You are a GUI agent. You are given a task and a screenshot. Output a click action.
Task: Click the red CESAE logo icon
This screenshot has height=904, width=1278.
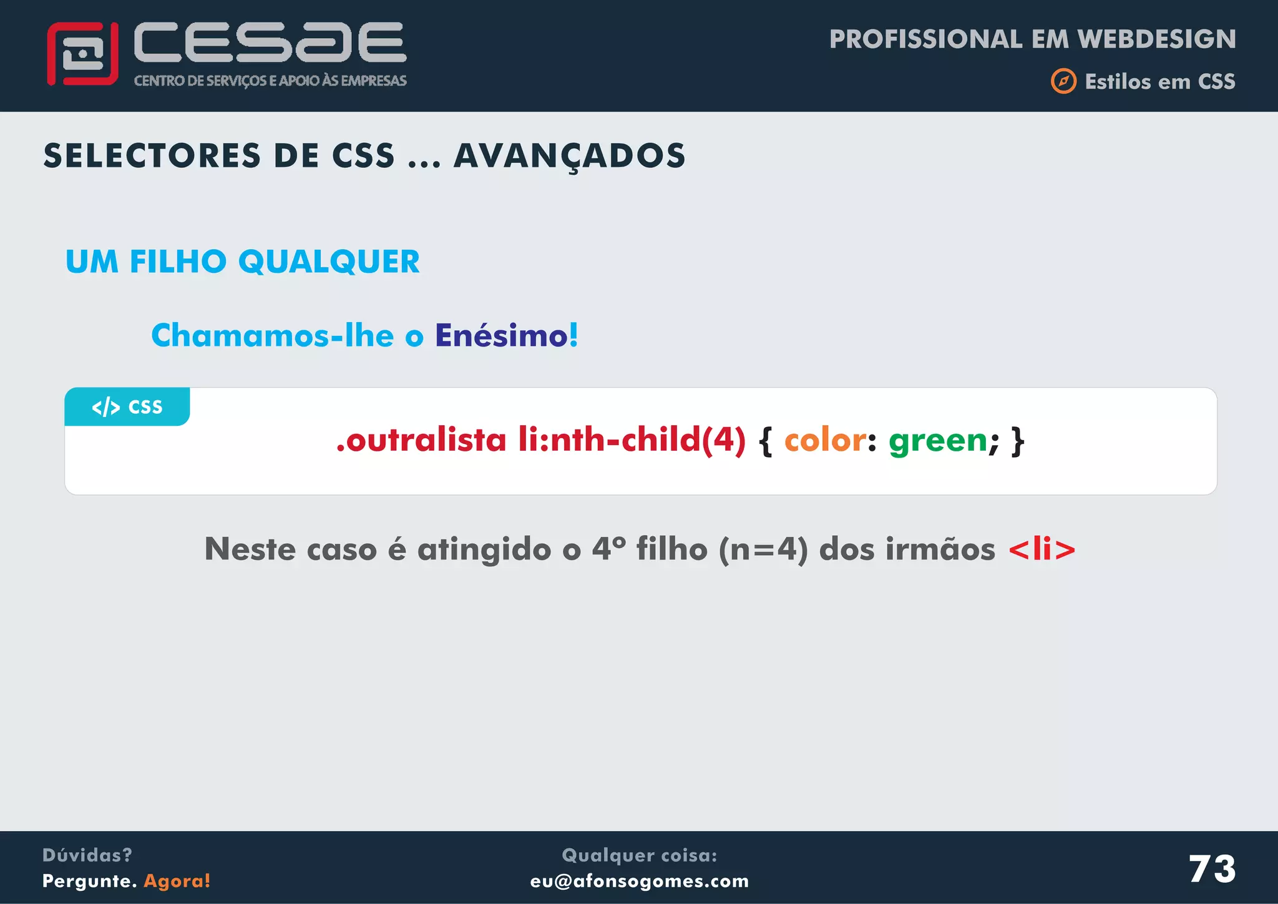(82, 54)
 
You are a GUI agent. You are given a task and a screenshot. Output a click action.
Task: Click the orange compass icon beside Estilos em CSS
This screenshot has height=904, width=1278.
(1063, 81)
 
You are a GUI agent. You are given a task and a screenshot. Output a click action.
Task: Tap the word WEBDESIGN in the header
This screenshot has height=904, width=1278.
(1156, 39)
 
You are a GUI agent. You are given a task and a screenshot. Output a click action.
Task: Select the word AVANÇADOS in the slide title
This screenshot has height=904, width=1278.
(569, 155)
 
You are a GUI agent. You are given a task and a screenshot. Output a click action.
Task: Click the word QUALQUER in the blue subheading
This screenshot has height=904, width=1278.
(329, 262)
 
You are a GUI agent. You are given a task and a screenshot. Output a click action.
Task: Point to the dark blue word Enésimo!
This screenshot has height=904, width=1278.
(506, 335)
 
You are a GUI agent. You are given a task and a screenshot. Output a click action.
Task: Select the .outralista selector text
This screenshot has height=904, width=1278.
(421, 440)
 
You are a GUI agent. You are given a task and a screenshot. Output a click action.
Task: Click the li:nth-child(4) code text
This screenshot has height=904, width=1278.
(632, 440)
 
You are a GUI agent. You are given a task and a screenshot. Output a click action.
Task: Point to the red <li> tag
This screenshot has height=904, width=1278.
(1041, 549)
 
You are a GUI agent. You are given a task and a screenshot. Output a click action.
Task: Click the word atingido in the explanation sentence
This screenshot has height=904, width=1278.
(484, 550)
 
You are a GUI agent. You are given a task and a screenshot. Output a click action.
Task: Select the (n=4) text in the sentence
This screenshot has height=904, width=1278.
(763, 550)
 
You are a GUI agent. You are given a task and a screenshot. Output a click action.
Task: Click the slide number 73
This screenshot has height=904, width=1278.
(1212, 868)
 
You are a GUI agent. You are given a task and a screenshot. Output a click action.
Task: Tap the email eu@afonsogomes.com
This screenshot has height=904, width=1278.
(640, 881)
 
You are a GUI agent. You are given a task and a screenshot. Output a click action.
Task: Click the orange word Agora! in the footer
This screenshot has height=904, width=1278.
(177, 881)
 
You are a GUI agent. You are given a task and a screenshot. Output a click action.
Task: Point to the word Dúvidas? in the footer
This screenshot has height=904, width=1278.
(87, 855)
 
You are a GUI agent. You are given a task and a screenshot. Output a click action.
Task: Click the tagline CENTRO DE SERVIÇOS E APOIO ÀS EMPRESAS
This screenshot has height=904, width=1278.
(270, 81)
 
